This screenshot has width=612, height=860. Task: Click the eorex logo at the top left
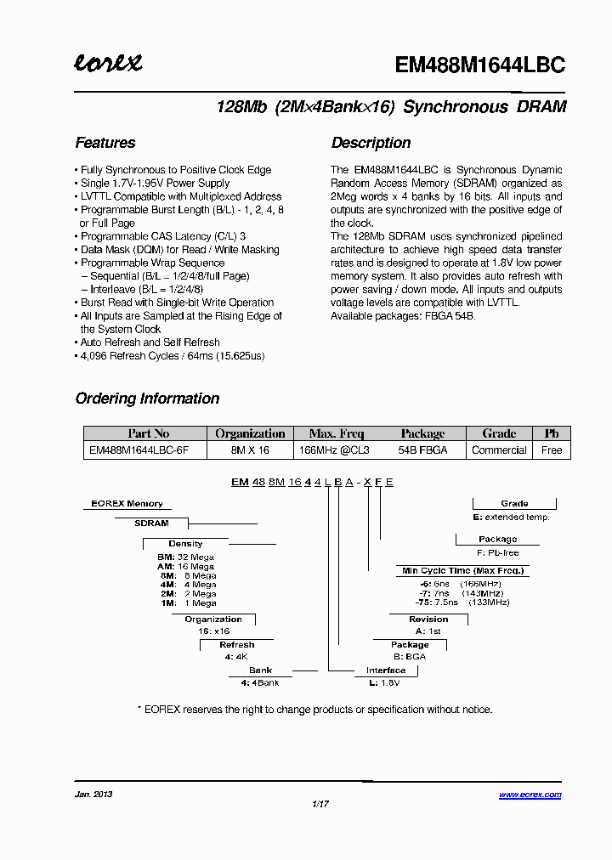click(108, 63)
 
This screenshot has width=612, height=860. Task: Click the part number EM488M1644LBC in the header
click(480, 65)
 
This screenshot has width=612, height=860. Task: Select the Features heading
click(105, 143)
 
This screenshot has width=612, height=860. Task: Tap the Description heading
click(371, 143)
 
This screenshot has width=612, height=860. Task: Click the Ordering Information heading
click(147, 399)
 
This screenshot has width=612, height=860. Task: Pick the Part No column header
click(148, 433)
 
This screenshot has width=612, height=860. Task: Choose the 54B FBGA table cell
click(422, 450)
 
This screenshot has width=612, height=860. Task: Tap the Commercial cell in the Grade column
click(499, 450)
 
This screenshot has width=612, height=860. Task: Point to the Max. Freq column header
click(336, 433)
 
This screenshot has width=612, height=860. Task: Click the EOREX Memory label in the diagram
click(127, 504)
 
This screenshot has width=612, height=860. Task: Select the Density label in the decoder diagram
click(185, 544)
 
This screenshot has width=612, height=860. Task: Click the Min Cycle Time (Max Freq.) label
click(462, 570)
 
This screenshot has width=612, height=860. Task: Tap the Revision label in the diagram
click(428, 620)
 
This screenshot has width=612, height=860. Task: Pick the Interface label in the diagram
click(386, 670)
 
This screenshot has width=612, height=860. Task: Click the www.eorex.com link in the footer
click(530, 795)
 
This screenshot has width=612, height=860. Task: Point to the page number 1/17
click(320, 804)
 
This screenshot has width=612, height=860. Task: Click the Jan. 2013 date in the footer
click(93, 795)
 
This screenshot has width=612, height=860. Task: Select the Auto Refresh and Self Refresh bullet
click(150, 342)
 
